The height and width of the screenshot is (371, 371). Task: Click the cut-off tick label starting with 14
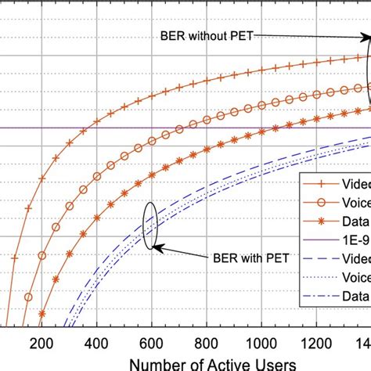(x=363, y=342)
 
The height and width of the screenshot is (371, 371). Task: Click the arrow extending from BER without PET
(x=309, y=38)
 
